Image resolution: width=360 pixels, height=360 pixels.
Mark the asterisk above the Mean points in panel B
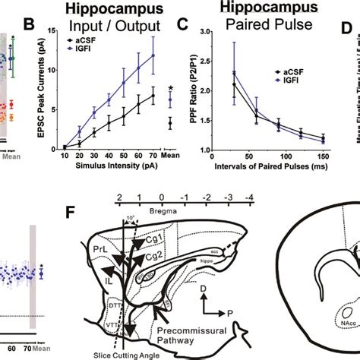coord(171,88)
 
